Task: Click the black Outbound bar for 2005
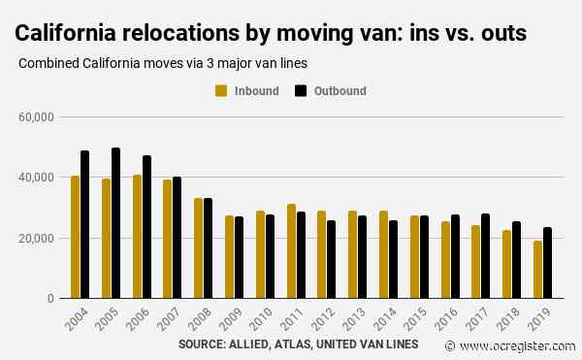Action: (115, 223)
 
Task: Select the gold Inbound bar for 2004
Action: (75, 237)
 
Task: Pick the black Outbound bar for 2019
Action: (547, 263)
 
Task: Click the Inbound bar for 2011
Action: (291, 251)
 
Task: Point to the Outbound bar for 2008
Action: (209, 248)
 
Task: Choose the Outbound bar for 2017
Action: (486, 256)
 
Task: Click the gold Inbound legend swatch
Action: (221, 91)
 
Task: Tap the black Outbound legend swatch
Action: (301, 91)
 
